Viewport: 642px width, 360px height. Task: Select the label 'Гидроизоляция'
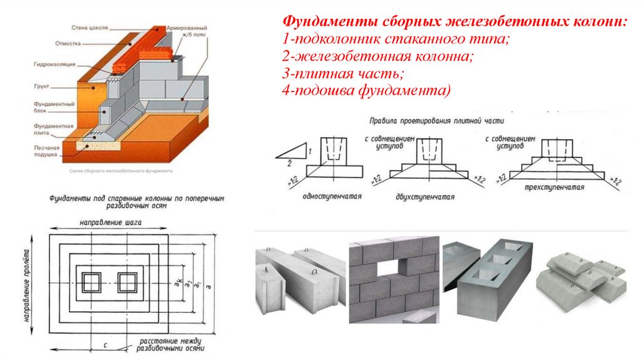[x=55, y=64]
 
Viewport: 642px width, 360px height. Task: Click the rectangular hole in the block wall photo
[x=389, y=269]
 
